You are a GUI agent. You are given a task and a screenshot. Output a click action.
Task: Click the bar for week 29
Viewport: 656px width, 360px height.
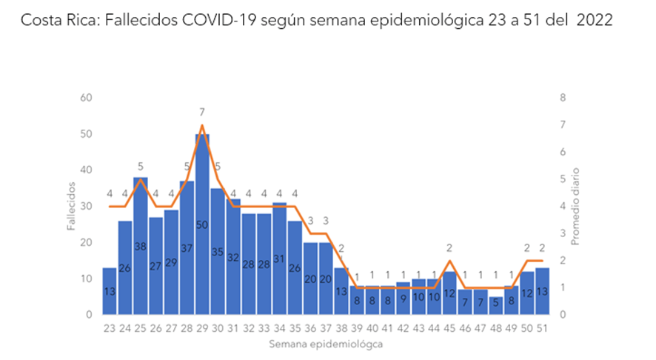tap(202, 224)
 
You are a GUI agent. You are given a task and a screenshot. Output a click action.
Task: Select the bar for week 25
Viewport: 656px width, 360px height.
tap(141, 246)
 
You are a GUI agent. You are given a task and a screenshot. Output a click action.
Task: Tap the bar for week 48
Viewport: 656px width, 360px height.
tap(496, 306)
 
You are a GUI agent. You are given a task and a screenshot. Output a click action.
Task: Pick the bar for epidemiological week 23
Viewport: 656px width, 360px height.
tap(110, 291)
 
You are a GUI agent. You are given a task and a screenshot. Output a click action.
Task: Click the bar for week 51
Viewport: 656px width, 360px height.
tap(542, 291)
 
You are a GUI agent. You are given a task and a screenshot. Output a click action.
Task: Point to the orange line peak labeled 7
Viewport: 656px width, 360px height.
tap(202, 124)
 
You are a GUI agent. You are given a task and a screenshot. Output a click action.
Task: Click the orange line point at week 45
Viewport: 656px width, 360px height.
tap(449, 261)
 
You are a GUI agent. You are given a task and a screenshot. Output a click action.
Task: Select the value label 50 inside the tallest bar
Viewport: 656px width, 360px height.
tap(202, 224)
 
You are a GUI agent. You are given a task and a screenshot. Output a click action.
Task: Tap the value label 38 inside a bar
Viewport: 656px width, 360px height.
tap(141, 247)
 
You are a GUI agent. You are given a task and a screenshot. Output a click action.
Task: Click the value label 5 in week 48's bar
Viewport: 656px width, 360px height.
tap(496, 302)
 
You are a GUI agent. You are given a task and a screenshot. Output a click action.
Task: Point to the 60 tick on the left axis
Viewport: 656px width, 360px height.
tap(86, 98)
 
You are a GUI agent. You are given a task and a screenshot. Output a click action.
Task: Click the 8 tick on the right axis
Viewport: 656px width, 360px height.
tap(563, 98)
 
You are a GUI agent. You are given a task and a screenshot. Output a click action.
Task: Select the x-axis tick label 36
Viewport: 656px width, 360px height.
tap(310, 329)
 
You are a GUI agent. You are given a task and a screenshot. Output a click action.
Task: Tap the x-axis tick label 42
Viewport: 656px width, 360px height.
tap(403, 329)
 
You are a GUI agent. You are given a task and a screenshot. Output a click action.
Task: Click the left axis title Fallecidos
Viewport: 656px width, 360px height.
tap(72, 206)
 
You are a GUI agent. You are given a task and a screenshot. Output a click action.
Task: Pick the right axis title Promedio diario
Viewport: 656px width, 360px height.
tap(576, 207)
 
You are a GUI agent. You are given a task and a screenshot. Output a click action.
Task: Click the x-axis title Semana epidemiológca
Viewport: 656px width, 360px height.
tap(326, 344)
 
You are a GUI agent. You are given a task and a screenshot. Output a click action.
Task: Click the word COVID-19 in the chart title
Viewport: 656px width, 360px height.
tap(219, 20)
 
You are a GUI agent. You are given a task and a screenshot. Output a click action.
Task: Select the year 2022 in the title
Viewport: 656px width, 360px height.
tap(595, 20)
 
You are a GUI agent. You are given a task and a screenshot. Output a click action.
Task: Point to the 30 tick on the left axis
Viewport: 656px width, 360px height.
tap(86, 206)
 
